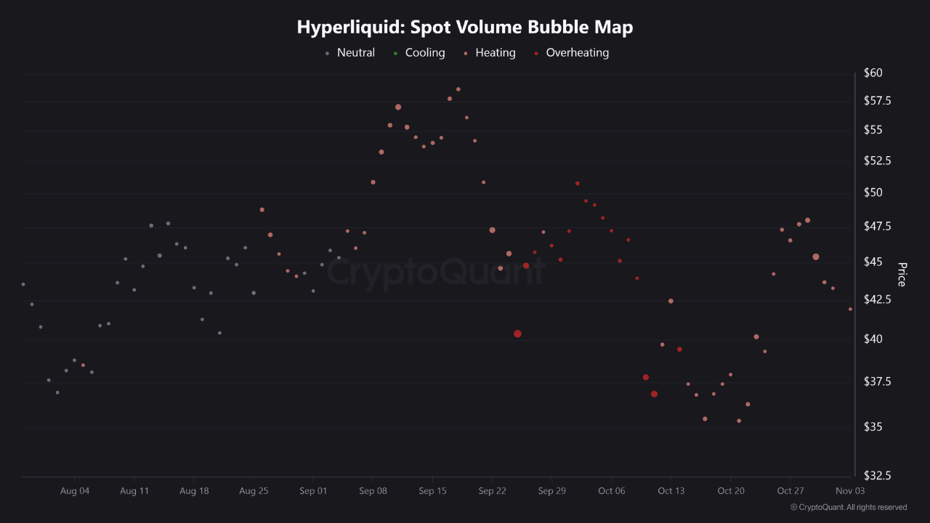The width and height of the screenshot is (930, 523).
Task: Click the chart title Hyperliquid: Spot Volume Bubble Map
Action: pos(465,28)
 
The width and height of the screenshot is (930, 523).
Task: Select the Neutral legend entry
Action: pos(355,53)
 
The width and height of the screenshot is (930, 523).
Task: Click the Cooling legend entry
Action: pos(424,53)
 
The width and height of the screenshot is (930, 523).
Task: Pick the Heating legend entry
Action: pos(495,53)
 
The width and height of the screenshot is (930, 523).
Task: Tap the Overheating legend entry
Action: pos(577,53)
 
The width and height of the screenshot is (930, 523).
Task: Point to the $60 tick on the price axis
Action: pos(873,73)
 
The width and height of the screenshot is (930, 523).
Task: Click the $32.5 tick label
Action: pos(876,476)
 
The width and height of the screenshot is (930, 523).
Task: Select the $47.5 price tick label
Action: pos(876,227)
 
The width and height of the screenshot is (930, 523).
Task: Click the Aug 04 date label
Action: pos(75,491)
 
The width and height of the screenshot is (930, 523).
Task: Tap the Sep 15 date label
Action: pos(432,491)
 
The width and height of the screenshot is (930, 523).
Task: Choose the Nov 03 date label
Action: pos(849,491)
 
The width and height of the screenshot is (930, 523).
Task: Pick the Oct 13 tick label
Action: pos(671,491)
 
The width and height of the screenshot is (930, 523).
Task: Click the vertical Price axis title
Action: pos(902,275)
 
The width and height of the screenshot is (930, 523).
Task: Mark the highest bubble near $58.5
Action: pos(458,89)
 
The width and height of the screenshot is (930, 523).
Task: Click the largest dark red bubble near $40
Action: pos(517,334)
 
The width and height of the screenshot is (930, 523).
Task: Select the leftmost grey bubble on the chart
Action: pos(23,284)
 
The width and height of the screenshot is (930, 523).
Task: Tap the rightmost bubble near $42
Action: pos(850,309)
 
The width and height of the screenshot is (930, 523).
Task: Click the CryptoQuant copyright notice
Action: pos(848,507)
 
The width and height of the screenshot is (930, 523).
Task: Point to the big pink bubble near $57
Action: pos(398,107)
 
